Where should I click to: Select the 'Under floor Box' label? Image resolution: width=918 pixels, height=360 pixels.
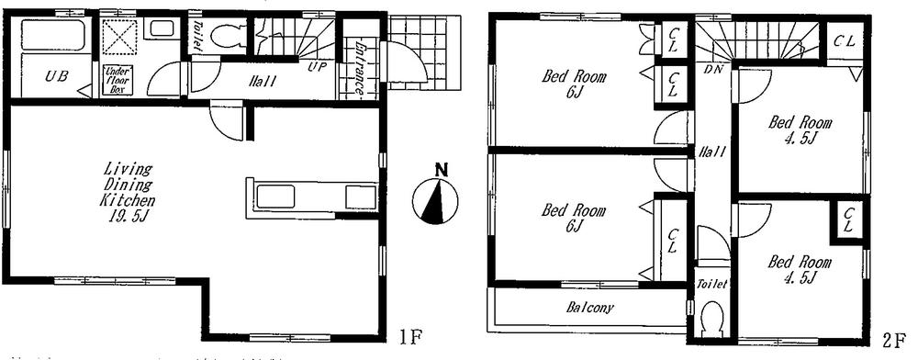tap(118, 80)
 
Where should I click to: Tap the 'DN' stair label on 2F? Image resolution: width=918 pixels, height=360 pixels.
tap(711, 69)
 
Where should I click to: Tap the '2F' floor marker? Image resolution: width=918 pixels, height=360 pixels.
tap(894, 340)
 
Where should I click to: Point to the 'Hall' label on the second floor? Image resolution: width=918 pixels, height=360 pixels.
tap(712, 152)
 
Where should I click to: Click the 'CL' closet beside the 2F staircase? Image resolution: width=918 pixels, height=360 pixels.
tap(844, 40)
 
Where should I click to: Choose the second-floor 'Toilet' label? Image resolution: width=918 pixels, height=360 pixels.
tap(712, 285)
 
